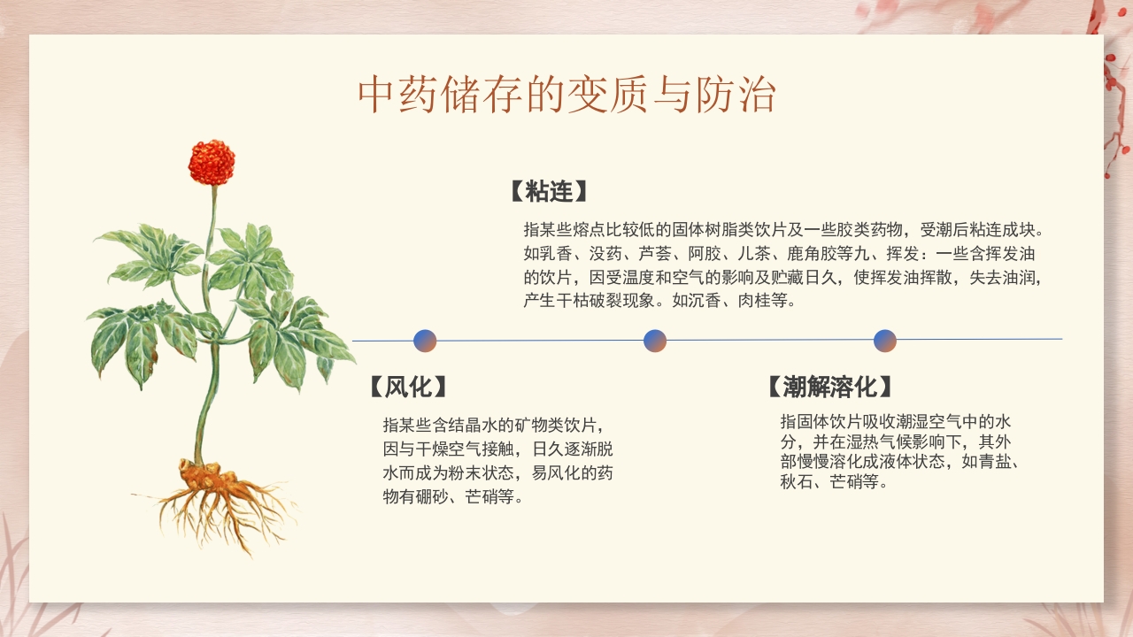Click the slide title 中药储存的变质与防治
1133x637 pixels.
(x=566, y=96)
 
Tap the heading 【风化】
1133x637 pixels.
(x=407, y=387)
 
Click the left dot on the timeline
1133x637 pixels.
(x=425, y=341)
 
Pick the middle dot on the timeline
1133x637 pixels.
(x=655, y=341)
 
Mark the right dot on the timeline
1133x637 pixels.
(x=885, y=341)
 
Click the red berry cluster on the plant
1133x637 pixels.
(x=212, y=163)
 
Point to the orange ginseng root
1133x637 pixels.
(x=205, y=482)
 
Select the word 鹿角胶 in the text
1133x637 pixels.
(x=780, y=254)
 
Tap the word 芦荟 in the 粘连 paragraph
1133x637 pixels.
(x=656, y=254)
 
